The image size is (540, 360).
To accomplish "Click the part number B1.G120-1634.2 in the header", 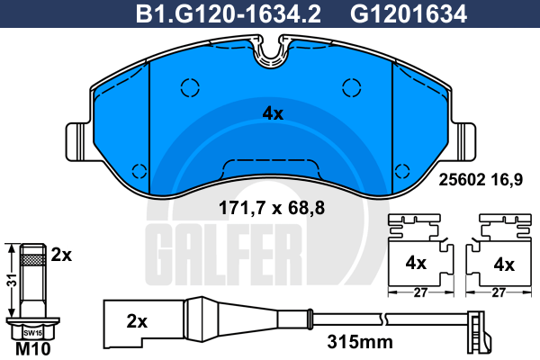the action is (229, 14).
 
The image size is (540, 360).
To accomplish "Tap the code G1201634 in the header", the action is (409, 14).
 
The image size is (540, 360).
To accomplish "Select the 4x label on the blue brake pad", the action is (273, 113).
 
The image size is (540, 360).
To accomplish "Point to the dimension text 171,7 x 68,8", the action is (272, 208).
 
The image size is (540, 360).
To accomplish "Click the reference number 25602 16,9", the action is (481, 179).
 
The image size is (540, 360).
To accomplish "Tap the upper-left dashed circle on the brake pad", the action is (190, 87).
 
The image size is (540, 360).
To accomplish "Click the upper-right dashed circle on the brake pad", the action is (352, 87).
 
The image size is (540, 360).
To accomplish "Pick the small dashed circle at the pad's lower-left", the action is (139, 171).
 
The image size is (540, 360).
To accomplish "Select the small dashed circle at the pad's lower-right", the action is (402, 171).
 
